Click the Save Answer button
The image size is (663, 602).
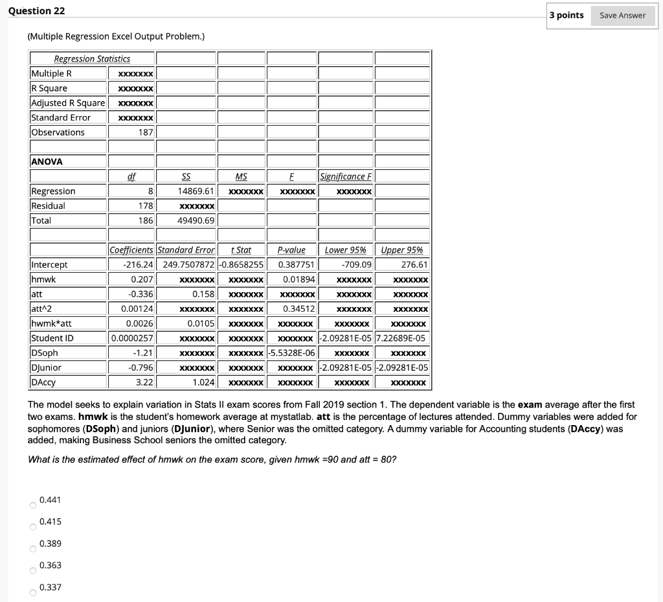622,16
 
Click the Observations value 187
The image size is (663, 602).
146,132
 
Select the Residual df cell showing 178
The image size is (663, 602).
145,205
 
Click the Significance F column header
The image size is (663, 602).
346,176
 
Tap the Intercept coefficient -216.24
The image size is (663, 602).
138,264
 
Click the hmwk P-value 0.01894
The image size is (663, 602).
298,279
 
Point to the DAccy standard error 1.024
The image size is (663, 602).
203,382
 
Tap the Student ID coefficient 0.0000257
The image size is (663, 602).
132,338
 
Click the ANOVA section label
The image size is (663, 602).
46,162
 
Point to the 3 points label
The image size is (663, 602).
567,16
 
